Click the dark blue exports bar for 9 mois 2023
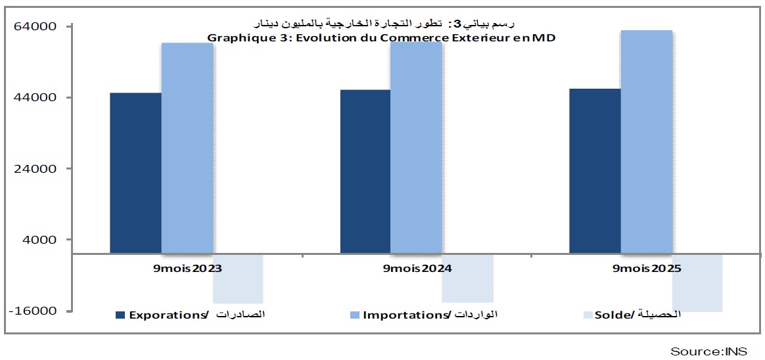[x=135, y=173]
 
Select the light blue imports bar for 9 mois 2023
[x=187, y=148]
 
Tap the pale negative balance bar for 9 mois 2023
[x=238, y=279]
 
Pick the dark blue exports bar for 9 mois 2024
[x=365, y=171]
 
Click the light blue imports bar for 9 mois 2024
[x=416, y=147]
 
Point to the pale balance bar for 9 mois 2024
[x=467, y=278]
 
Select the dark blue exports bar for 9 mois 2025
[x=594, y=171]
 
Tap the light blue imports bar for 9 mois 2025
[x=646, y=141]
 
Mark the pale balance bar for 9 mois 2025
[x=697, y=282]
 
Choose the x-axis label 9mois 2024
[x=417, y=269]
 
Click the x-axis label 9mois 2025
[x=647, y=269]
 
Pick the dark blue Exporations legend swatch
[x=120, y=315]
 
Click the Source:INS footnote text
[x=708, y=351]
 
